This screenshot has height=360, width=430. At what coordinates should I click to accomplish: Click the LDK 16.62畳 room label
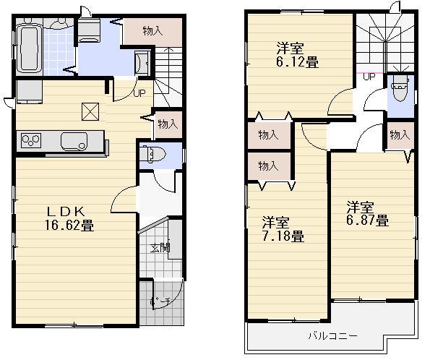pyautogui.click(x=70, y=218)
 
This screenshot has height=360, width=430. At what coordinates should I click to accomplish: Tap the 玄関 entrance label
pyautogui.click(x=159, y=249)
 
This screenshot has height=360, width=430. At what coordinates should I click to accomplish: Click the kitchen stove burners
pyautogui.click(x=32, y=139)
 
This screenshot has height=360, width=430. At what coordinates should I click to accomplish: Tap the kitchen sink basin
pyautogui.click(x=74, y=140)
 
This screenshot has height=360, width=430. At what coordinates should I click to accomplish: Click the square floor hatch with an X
pyautogui.click(x=90, y=112)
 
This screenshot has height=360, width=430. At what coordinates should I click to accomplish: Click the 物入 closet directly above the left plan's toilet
pyautogui.click(x=167, y=124)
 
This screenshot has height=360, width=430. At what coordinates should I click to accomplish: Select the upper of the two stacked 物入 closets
pyautogui.click(x=267, y=134)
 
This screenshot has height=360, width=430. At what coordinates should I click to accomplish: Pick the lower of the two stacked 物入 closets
pyautogui.click(x=267, y=166)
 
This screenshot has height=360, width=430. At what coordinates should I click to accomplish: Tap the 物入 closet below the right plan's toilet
pyautogui.click(x=400, y=134)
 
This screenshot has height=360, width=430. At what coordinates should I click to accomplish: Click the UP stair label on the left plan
pyautogui.click(x=139, y=92)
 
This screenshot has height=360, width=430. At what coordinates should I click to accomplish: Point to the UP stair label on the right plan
pyautogui.click(x=369, y=77)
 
